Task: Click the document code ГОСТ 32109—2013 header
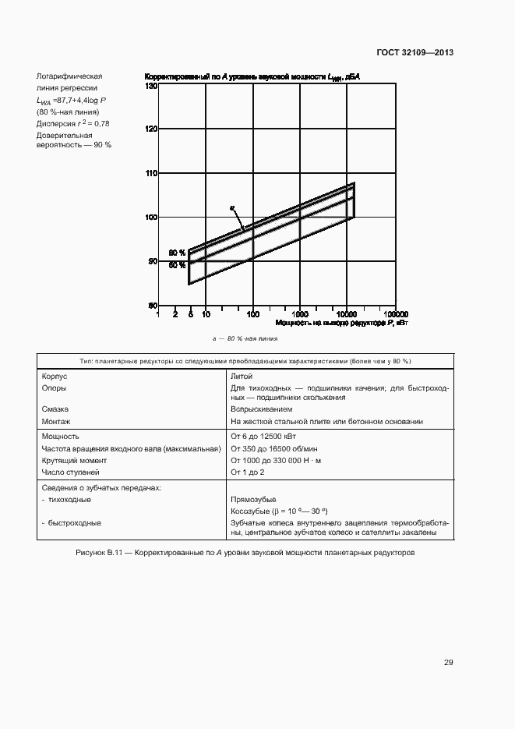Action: (415, 53)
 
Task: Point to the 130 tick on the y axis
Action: (151, 87)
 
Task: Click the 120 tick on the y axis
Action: (151, 129)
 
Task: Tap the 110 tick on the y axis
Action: (151, 173)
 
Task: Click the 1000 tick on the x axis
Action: (299, 314)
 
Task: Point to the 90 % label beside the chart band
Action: (177, 253)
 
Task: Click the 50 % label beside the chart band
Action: (177, 265)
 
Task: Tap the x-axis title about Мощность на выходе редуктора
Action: (340, 322)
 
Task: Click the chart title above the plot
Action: (253, 76)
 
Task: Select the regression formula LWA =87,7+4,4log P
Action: (71, 101)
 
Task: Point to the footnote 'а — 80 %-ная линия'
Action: (245, 339)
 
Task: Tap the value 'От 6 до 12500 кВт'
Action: (263, 437)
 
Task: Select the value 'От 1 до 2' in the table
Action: (248, 472)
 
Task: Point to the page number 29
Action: (449, 663)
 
